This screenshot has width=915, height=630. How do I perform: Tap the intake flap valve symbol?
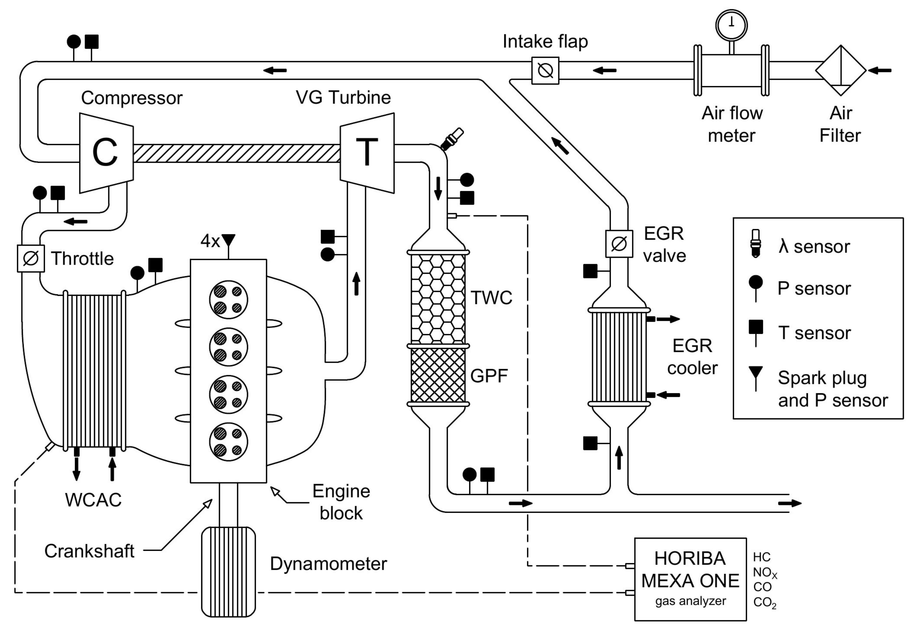tap(545, 71)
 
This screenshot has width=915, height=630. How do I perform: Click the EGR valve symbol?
tap(619, 244)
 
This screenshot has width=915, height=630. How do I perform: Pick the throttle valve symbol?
tap(31, 259)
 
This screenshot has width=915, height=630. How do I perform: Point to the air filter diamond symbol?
tap(841, 71)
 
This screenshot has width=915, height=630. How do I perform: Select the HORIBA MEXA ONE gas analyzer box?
tap(690, 579)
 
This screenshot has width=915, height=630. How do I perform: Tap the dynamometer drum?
tap(228, 572)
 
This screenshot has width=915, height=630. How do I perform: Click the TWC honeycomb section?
tap(438, 298)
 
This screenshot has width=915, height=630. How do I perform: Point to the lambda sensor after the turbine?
tap(452, 139)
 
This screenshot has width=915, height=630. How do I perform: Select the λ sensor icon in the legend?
tap(755, 244)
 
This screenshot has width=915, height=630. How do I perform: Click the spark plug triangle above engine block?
tap(228, 240)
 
